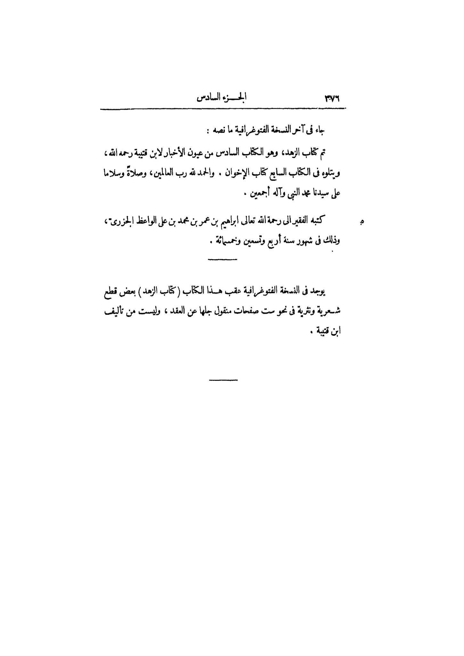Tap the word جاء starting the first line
coord(320,130)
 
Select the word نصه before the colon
coord(218,130)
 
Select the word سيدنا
coord(320,194)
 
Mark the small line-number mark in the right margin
coord(362,221)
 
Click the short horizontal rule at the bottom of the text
coord(223,380)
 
